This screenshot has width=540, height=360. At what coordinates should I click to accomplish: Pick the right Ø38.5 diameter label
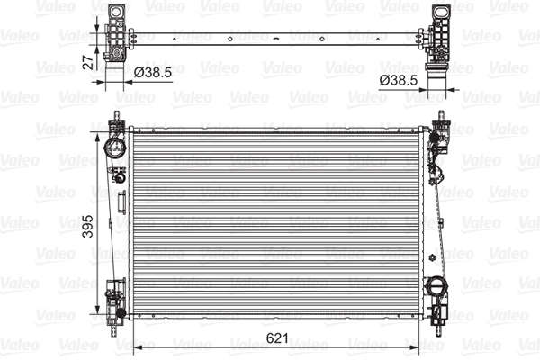point(397,80)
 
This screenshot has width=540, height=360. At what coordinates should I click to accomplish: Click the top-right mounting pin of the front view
point(440,116)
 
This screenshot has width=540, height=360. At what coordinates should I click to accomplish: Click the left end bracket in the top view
point(115,36)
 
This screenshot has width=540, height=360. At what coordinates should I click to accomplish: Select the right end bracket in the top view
point(440,36)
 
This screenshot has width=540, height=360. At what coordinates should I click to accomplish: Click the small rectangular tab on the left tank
point(119,177)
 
